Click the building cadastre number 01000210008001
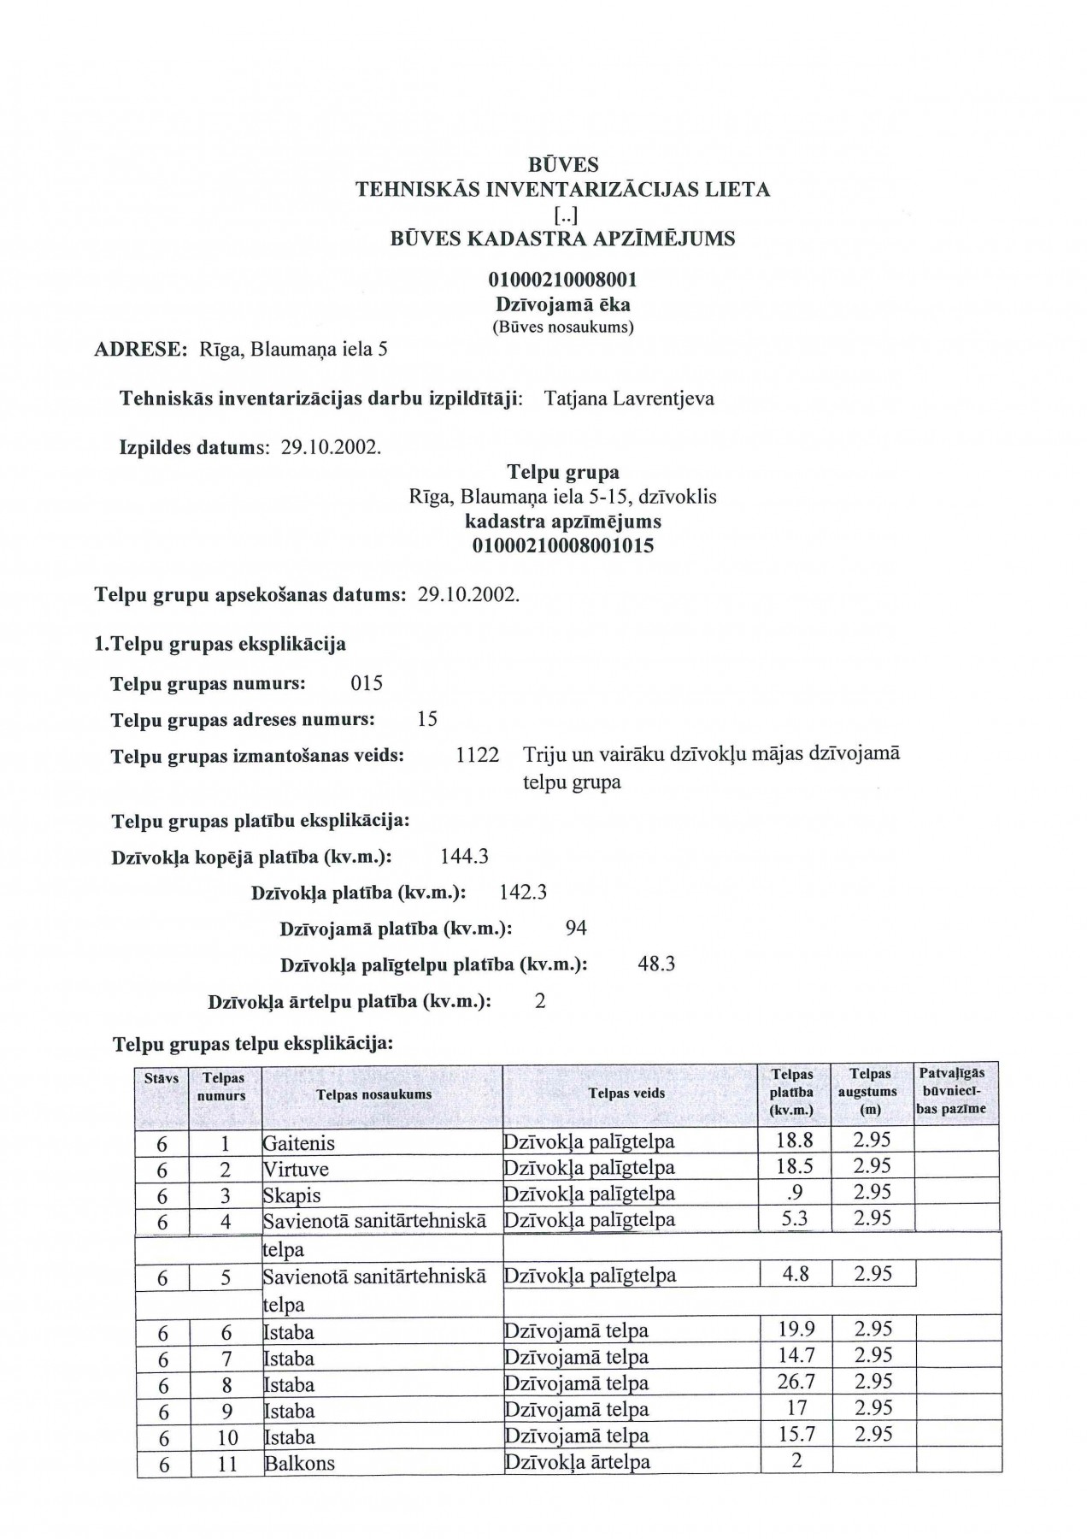click(562, 280)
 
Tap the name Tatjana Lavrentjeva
click(628, 398)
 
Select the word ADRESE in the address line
click(140, 349)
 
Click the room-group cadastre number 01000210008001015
click(562, 545)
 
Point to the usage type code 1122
click(478, 756)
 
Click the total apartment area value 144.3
click(464, 857)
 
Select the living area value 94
click(576, 929)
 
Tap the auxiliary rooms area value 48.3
click(656, 964)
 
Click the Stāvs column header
click(162, 1079)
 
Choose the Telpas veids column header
click(626, 1093)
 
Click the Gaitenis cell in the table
click(299, 1143)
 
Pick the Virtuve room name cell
click(296, 1170)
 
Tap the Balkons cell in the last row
click(300, 1463)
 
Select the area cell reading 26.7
click(796, 1382)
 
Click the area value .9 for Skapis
click(796, 1193)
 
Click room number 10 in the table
click(226, 1437)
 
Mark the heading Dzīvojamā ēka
click(562, 304)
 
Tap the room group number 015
click(367, 684)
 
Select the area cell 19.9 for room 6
click(796, 1329)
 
